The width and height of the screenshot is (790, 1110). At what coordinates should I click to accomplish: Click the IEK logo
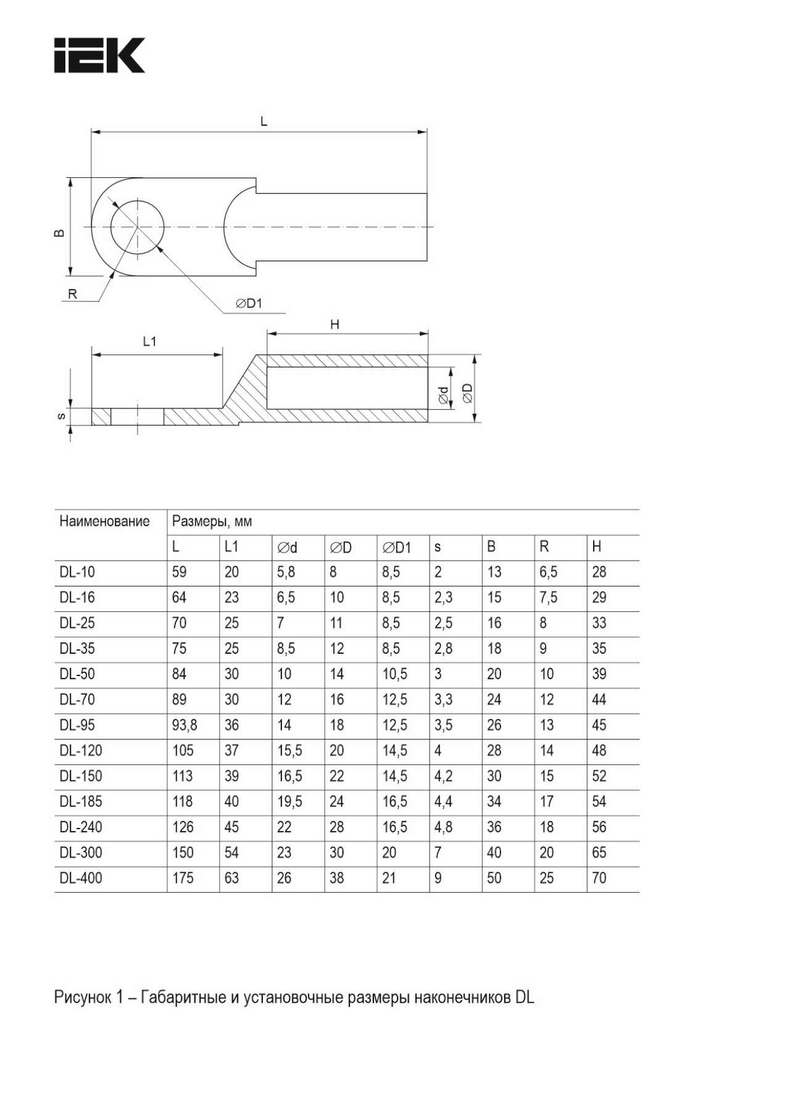tap(99, 56)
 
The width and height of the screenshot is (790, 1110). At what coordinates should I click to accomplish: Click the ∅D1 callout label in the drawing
tap(249, 303)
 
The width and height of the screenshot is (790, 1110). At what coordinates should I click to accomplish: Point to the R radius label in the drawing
tap(72, 294)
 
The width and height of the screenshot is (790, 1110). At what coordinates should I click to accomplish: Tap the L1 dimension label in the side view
tap(149, 341)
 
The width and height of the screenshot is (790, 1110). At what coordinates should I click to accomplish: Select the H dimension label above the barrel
tap(335, 325)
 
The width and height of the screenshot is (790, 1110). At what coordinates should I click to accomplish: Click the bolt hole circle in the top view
tap(138, 226)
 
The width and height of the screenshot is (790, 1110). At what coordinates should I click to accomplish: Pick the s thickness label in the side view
tap(60, 416)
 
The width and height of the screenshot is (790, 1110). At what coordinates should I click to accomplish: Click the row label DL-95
tap(77, 725)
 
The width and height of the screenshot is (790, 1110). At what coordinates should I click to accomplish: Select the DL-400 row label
tap(81, 878)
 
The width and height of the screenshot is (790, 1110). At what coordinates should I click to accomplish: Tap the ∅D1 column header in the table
tap(396, 547)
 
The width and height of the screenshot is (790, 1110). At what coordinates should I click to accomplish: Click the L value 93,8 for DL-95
tap(185, 725)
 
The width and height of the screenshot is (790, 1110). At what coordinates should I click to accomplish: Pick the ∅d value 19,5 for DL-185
tap(289, 802)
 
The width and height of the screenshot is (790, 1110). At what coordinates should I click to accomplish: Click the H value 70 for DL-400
tap(599, 878)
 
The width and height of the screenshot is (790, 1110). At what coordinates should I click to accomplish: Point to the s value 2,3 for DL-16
tap(443, 598)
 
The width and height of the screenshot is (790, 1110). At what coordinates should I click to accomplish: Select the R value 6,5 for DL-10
tap(548, 572)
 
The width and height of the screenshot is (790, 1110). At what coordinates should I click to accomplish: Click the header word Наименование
tap(104, 522)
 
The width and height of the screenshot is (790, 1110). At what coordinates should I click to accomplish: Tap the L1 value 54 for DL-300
tap(231, 853)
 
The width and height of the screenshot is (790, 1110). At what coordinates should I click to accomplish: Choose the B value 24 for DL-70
tap(494, 699)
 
